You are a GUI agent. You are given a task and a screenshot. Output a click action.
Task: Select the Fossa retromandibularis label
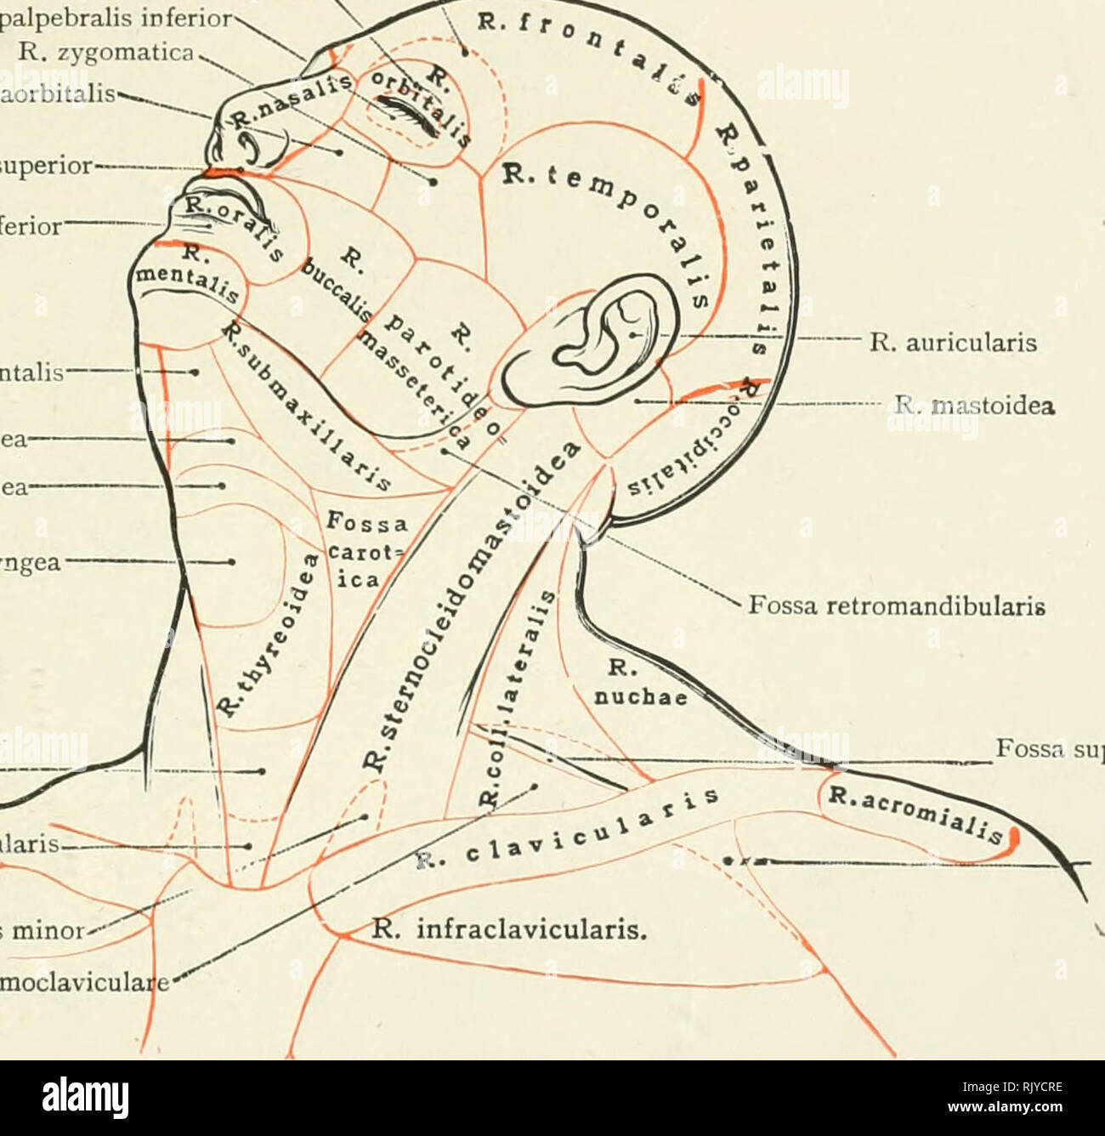pos(895,608)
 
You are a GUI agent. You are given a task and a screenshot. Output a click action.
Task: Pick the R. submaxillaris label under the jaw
pos(306,408)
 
